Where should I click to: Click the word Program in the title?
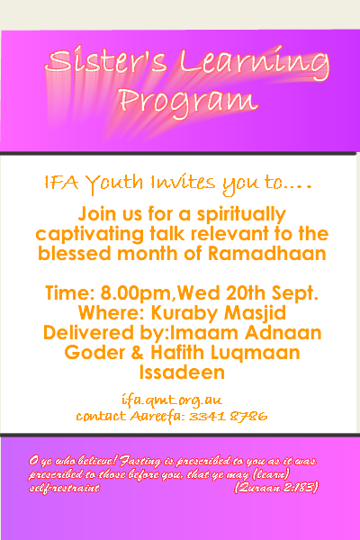(188, 101)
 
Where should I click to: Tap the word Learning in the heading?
(255, 65)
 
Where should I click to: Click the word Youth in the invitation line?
(114, 183)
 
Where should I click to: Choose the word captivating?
(90, 235)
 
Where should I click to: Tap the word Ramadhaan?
(266, 254)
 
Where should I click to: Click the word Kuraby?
(184, 313)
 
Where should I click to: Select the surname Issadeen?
(182, 373)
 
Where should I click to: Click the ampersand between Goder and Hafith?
(137, 353)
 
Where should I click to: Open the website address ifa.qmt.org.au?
(172, 400)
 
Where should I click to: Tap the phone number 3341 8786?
(228, 416)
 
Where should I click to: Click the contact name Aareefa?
(157, 416)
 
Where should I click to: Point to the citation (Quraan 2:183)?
(276, 488)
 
